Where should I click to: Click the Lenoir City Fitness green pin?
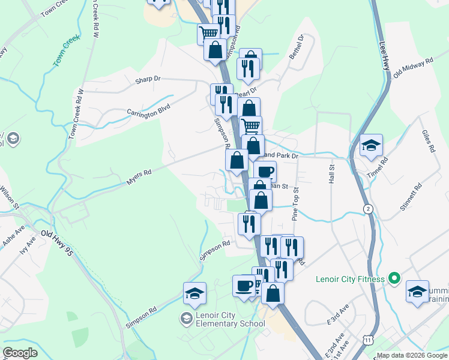394,278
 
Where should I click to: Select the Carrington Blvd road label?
148,110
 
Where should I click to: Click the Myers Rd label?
139,176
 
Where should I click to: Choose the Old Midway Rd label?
413,68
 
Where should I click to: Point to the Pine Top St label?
295,201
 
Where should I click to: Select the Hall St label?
330,175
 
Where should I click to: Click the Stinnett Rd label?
411,199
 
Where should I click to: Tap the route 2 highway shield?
367,208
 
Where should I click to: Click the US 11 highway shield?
367,340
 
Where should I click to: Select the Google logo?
20,352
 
